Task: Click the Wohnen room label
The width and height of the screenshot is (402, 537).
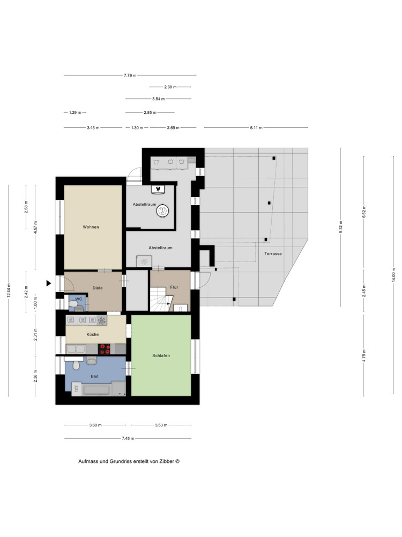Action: pyautogui.click(x=91, y=227)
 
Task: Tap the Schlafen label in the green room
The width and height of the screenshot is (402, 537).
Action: pyautogui.click(x=161, y=355)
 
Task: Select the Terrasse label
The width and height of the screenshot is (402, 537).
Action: pyautogui.click(x=273, y=254)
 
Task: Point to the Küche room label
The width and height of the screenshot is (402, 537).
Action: pyautogui.click(x=93, y=334)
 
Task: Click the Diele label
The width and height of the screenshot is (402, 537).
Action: pyautogui.click(x=98, y=288)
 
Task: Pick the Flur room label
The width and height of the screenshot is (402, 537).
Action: pyautogui.click(x=174, y=287)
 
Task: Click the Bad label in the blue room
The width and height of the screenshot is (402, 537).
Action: pyautogui.click(x=95, y=376)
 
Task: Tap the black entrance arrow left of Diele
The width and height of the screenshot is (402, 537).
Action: pyautogui.click(x=49, y=283)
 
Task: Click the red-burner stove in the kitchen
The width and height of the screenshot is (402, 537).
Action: pyautogui.click(x=105, y=349)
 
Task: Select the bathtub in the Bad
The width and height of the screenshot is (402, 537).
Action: pyautogui.click(x=96, y=390)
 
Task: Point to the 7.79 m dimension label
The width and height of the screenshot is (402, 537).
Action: pyautogui.click(x=130, y=75)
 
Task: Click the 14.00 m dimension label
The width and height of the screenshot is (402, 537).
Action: pyautogui.click(x=393, y=274)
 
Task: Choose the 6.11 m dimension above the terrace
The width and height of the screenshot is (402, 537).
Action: pyautogui.click(x=256, y=128)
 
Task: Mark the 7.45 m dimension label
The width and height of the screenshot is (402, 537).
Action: pyautogui.click(x=128, y=438)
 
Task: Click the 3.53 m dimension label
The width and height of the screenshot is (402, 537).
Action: pyautogui.click(x=161, y=425)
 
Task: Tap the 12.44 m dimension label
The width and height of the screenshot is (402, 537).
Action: pyautogui.click(x=9, y=291)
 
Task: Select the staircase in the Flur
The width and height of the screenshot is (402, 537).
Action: pyautogui.click(x=160, y=300)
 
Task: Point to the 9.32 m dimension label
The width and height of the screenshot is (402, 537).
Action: pyautogui.click(x=340, y=227)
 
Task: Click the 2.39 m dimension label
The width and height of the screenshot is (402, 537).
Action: pyautogui.click(x=170, y=87)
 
